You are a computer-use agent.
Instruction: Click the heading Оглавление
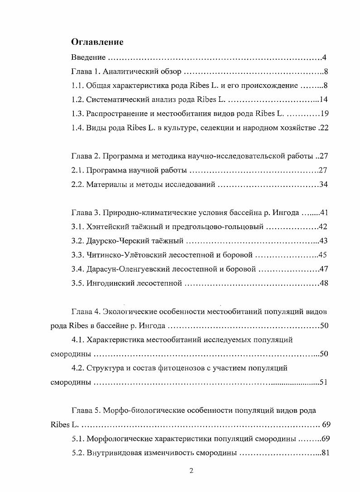pos(97,42)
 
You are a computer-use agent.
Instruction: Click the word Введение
pos(89,57)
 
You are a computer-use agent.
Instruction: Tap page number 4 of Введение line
pos(325,57)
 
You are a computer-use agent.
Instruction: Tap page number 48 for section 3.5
pos(323,283)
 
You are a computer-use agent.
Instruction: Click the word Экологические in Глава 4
pos(131,312)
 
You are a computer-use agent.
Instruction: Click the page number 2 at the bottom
pos(191,471)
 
